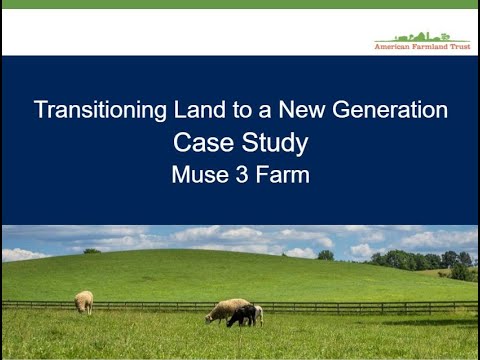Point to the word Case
(203, 142)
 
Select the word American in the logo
(394, 47)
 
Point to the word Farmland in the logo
(431, 47)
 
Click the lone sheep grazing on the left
(84, 301)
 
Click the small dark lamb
(241, 316)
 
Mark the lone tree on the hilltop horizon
(326, 255)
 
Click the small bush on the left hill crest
(91, 250)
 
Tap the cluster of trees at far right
(440, 261)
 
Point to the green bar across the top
(240, 4)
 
